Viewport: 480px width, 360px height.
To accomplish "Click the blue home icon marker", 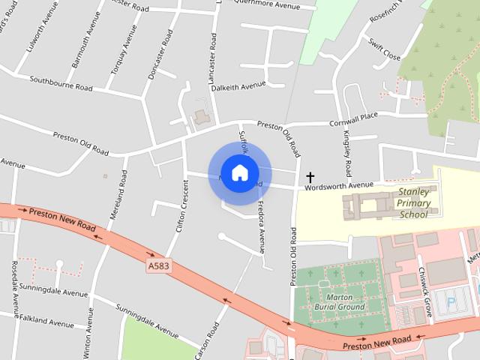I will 238,172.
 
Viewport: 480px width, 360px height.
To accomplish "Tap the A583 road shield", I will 157,265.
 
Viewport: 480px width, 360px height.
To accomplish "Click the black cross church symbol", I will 310,178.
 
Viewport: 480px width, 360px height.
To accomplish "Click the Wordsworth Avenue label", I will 339,185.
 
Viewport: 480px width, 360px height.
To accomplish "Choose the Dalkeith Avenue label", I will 238,86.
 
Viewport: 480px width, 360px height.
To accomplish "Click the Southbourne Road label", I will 61,82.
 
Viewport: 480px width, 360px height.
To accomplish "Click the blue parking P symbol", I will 449,304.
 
